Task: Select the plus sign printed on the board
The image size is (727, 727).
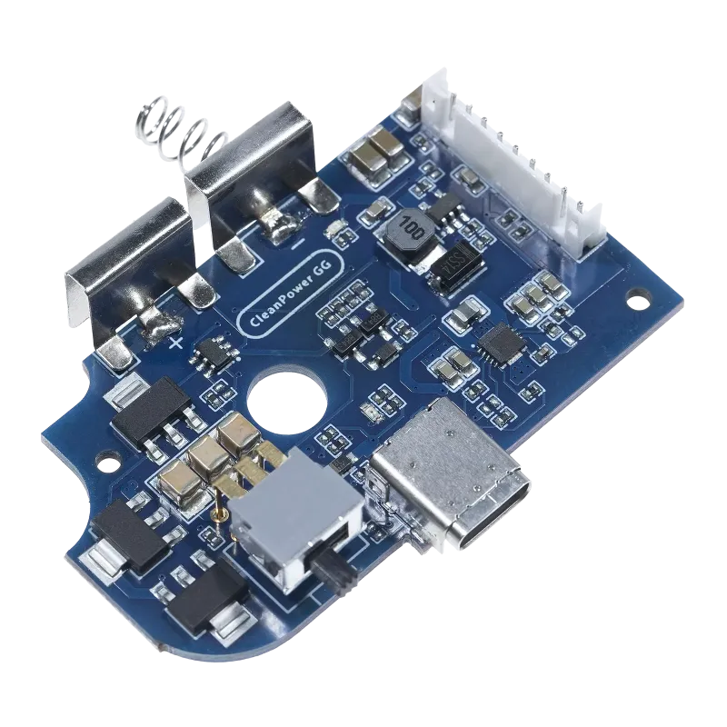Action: (x=175, y=343)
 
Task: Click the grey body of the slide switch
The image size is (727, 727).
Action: (x=278, y=527)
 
